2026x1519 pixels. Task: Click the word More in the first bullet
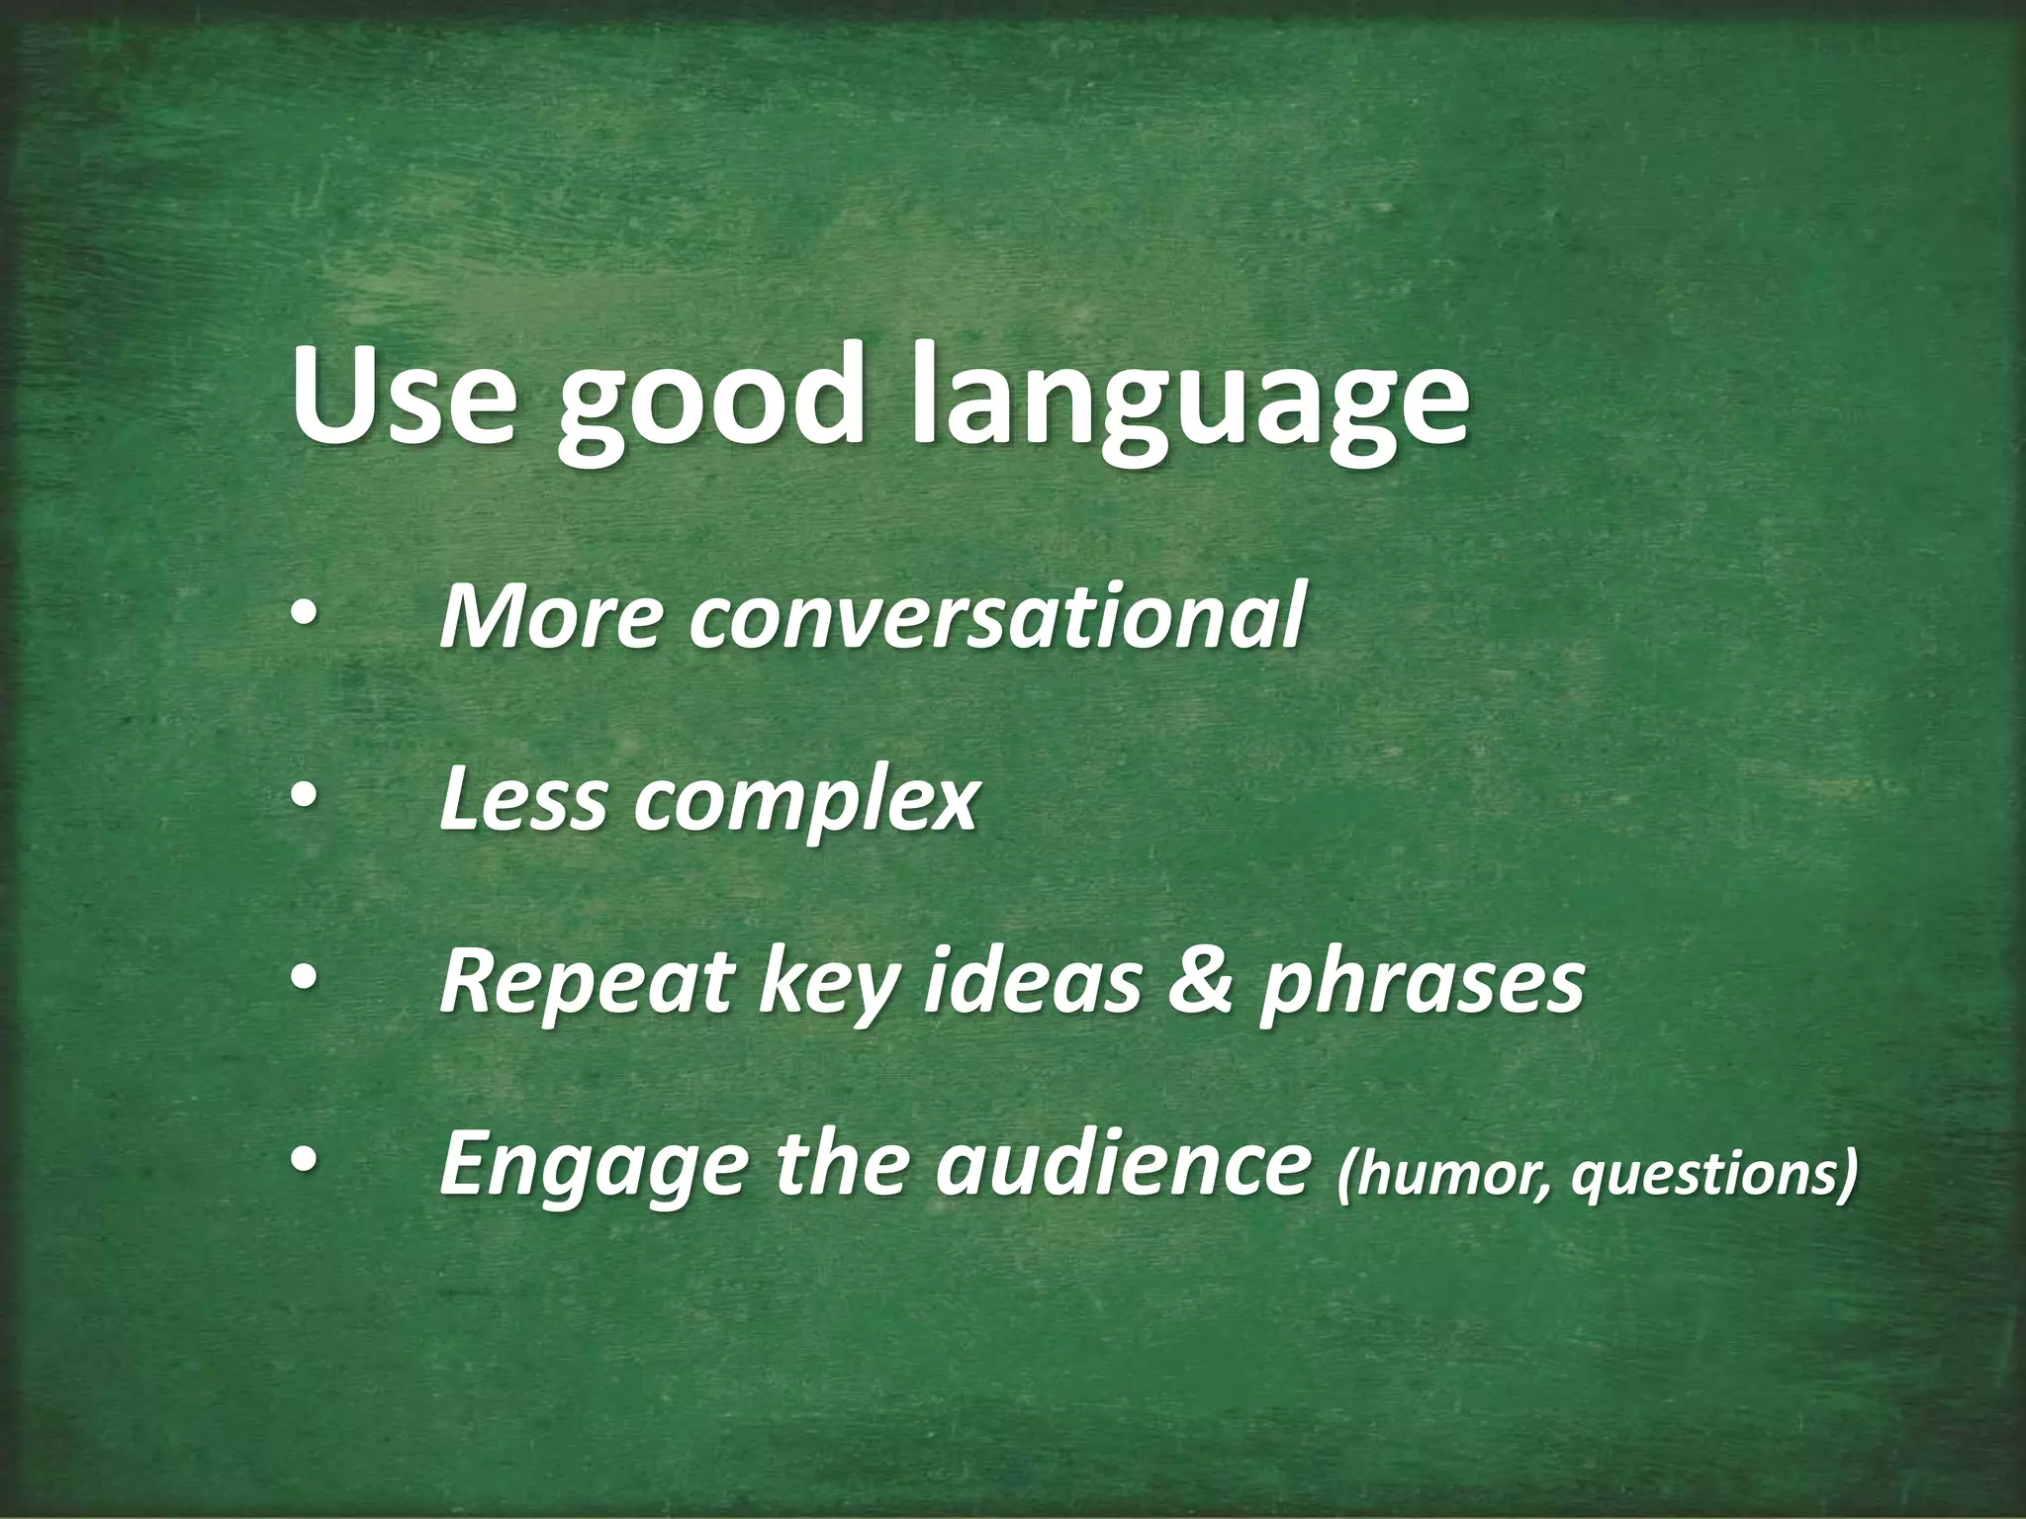coord(548,618)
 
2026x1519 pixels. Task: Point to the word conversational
coord(994,618)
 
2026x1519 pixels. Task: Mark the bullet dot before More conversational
coord(304,618)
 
